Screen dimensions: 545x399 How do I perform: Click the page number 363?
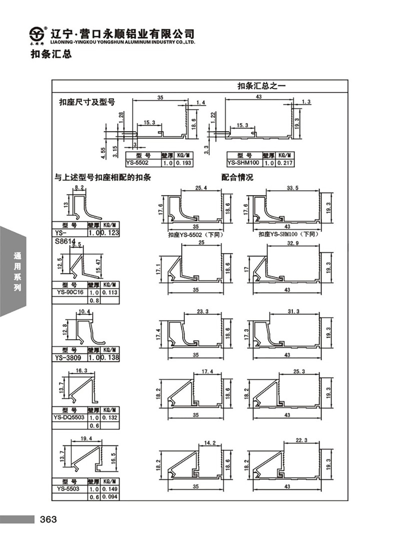pyautogui.click(x=48, y=519)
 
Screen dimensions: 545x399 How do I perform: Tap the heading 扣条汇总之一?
pyautogui.click(x=261, y=85)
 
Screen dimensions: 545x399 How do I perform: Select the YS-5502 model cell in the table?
pyautogui.click(x=137, y=163)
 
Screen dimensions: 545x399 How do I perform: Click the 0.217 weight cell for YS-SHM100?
pyautogui.click(x=285, y=163)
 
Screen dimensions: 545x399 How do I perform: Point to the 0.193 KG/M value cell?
pyautogui.click(x=184, y=163)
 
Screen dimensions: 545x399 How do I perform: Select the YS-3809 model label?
pyautogui.click(x=68, y=358)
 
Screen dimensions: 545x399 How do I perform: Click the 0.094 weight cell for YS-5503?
pyautogui.click(x=110, y=497)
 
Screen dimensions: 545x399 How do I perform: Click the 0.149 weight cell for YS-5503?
pyautogui.click(x=110, y=489)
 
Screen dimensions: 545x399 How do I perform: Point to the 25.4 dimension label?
pyautogui.click(x=201, y=188)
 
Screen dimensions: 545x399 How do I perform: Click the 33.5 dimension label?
pyautogui.click(x=292, y=188)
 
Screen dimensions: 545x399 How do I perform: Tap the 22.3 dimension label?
pyautogui.click(x=301, y=440)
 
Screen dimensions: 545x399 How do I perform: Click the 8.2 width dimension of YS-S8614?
pyautogui.click(x=79, y=187)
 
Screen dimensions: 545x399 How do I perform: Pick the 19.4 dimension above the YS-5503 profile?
pyautogui.click(x=86, y=439)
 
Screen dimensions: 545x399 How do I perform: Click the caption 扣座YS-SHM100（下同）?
pyautogui.click(x=289, y=234)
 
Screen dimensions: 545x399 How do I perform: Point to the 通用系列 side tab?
pyautogui.click(x=17, y=272)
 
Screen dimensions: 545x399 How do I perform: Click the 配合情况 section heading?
pyautogui.click(x=237, y=178)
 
